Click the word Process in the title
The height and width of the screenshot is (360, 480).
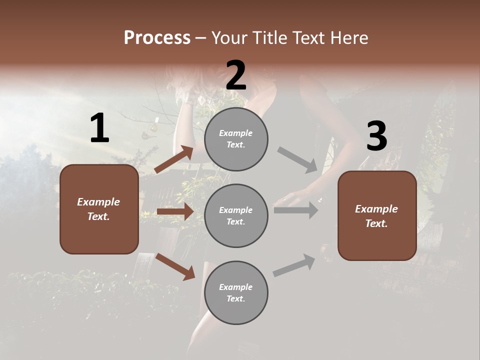[x=157, y=38]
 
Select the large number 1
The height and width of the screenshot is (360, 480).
[x=99, y=128]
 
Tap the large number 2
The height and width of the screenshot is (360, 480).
[x=236, y=75]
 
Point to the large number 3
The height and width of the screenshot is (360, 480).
[x=376, y=136]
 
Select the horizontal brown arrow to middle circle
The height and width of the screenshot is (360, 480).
[x=175, y=212]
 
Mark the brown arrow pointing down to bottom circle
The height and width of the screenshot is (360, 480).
[x=175, y=266]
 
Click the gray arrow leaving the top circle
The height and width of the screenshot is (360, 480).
[x=297, y=159]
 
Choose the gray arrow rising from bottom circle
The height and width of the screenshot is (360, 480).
[x=294, y=265]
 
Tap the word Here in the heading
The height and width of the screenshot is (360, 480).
[x=349, y=38]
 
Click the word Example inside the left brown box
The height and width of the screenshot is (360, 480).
[x=98, y=202]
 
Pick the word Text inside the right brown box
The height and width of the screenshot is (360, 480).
[x=376, y=223]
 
